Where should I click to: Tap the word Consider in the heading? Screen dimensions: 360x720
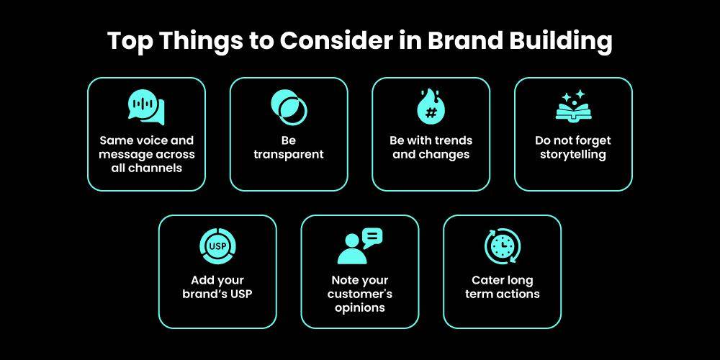tap(334, 41)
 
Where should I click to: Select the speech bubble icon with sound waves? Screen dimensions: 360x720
tap(146, 108)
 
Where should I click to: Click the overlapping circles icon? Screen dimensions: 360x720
tap(289, 107)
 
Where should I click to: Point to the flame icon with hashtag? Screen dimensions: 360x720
tap(431, 107)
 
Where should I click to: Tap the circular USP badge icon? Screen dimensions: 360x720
tap(217, 247)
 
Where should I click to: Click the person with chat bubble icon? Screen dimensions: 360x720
tap(359, 246)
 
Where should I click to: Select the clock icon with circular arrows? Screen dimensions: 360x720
tap(502, 246)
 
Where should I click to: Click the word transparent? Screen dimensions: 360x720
tap(289, 154)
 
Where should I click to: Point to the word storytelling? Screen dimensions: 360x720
tap(573, 154)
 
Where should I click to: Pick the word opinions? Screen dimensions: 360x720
tap(359, 307)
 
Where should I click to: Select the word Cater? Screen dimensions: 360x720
tap(487, 280)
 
